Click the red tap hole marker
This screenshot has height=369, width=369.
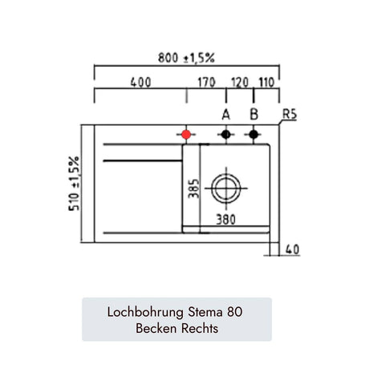pyautogui.click(x=186, y=135)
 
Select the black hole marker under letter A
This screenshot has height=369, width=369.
pyautogui.click(x=226, y=134)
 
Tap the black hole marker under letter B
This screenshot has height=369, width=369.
pyautogui.click(x=253, y=134)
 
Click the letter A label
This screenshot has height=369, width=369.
pyautogui.click(x=226, y=115)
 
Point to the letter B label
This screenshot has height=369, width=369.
pyautogui.click(x=253, y=115)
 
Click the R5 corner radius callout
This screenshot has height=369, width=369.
pyautogui.click(x=290, y=115)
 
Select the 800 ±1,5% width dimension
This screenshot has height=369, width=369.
pyautogui.click(x=186, y=58)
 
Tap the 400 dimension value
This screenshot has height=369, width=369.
pyautogui.click(x=141, y=82)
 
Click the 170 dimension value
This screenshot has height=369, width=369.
pyautogui.click(x=206, y=82)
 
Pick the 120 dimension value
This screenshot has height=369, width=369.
pyautogui.click(x=240, y=82)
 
